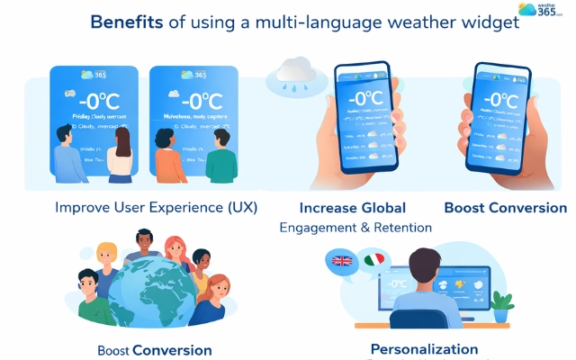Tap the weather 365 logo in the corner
pos(539,11)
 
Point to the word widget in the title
pos(487,22)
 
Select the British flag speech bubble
pos(342,263)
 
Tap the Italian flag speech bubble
pos(375,260)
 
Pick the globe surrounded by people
pos(148,287)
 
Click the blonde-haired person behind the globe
pos(108,259)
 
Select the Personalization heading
pos(424,348)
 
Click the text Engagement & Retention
pos(355,228)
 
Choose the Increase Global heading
pos(353,208)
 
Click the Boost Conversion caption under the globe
pos(155,350)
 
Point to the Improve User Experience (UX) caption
pos(156,207)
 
